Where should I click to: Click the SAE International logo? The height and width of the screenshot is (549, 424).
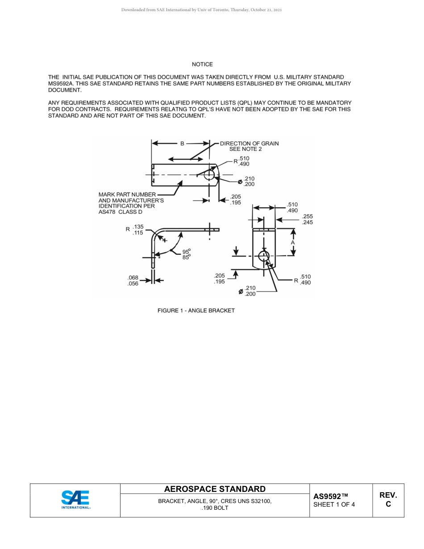click(75, 500)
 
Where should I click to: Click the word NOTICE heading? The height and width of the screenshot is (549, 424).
click(202, 64)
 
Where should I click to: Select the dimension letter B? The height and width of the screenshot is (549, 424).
click(182, 144)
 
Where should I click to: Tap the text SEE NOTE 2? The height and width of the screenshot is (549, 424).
click(245, 149)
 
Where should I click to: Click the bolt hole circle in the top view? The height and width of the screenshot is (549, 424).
click(209, 175)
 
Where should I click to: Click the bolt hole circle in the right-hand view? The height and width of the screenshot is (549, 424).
click(264, 256)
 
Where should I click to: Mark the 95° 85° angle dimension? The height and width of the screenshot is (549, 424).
click(186, 254)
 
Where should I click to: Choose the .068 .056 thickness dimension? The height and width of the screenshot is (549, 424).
click(133, 281)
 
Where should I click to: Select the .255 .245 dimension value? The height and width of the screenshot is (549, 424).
click(307, 220)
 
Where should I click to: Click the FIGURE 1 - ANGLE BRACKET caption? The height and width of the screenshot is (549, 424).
click(196, 310)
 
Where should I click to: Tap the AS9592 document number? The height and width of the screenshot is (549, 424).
click(330, 496)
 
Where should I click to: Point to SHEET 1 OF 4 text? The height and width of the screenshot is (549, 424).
click(334, 505)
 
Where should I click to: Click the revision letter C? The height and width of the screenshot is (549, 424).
click(388, 504)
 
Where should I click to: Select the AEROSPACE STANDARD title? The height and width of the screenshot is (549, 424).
click(215, 489)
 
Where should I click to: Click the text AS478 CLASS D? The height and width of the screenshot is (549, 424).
click(120, 212)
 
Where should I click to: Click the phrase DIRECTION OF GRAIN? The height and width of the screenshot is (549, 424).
click(249, 143)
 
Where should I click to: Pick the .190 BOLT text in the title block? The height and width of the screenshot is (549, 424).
click(215, 508)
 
